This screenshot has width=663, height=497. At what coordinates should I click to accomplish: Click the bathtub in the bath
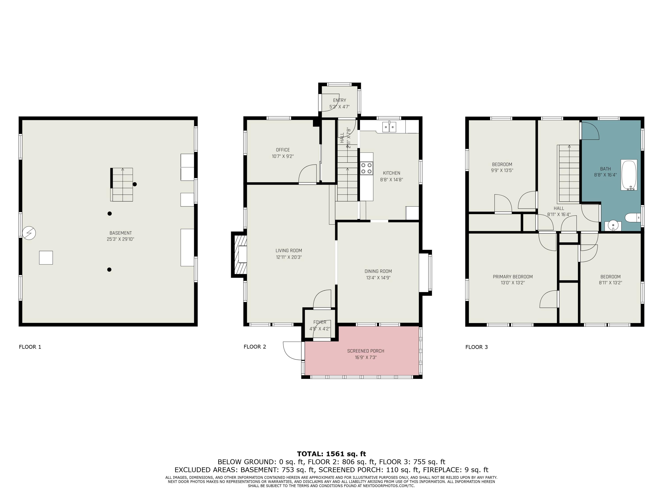pyautogui.click(x=629, y=175)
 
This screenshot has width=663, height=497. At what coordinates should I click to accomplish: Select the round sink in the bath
pyautogui.click(x=613, y=225)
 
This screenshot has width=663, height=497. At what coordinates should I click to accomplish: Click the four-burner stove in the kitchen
pyautogui.click(x=366, y=168)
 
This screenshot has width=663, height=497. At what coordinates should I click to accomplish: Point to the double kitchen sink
pyautogui.click(x=389, y=127)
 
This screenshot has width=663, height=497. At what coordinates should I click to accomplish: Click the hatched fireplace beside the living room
pyautogui.click(x=239, y=254)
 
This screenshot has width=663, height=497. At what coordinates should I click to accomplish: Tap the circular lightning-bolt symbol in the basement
pyautogui.click(x=29, y=233)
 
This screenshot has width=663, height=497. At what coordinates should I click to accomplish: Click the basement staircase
pyautogui.click(x=122, y=184)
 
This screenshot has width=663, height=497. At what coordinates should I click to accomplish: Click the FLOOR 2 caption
pyautogui.click(x=255, y=347)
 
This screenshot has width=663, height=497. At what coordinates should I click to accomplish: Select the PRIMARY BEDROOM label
pyautogui.click(x=512, y=277)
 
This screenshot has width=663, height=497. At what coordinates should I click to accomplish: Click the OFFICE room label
pyautogui.click(x=283, y=150)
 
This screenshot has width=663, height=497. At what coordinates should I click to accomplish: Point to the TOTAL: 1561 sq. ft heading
pyautogui.click(x=331, y=454)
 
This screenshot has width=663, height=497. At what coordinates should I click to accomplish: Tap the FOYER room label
pyautogui.click(x=320, y=322)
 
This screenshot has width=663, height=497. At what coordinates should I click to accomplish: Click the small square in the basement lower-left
pyautogui.click(x=46, y=258)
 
